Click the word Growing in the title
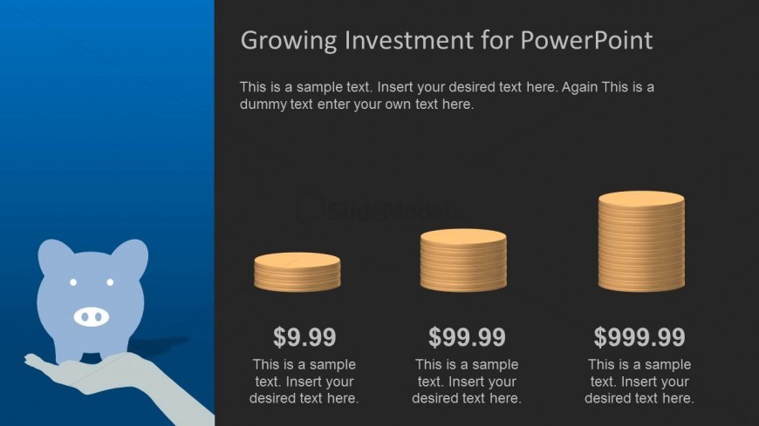point(289,41)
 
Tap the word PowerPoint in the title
point(586,40)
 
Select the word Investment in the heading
point(409,40)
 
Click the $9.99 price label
point(304,337)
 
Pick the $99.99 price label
point(467,337)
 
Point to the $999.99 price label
point(639,337)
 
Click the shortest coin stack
point(297,272)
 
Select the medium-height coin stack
point(463,260)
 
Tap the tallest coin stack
point(641,241)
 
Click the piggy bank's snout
point(91,317)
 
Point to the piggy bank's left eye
point(73,282)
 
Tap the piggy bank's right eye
point(110,282)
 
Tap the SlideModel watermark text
point(391,211)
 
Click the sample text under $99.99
point(467,382)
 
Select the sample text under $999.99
point(639,382)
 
